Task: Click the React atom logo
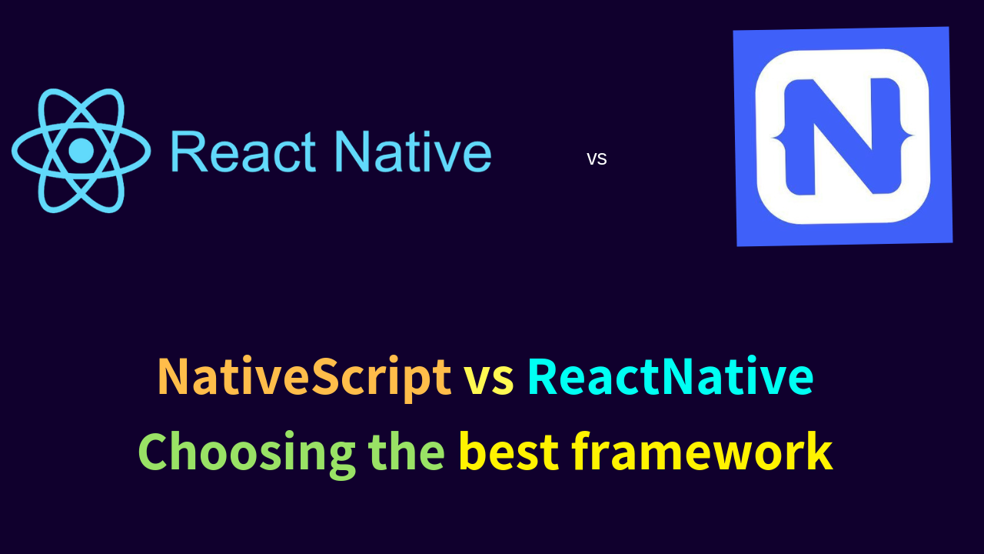pos(81,150)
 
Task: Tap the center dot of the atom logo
pos(81,150)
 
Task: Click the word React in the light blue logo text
pos(243,152)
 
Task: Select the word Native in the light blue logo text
pos(413,152)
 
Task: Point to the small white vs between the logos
pos(597,159)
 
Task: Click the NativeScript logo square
pos(843,136)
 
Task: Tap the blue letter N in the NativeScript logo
pos(843,136)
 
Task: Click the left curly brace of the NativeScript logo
pos(780,137)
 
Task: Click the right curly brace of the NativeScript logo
pos(906,137)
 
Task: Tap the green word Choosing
pos(247,453)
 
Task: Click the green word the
pos(407,452)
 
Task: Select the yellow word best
pos(509,452)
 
